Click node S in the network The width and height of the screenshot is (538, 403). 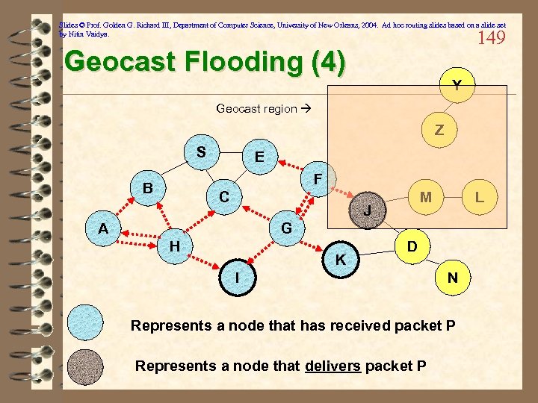click(200, 153)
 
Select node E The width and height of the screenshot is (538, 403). click(259, 157)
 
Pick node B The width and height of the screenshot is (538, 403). click(149, 188)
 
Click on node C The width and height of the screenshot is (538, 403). click(223, 198)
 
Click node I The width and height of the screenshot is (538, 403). click(237, 278)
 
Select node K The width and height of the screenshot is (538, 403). click(341, 260)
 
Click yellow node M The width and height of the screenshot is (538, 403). click(426, 198)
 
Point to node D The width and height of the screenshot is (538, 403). click(412, 246)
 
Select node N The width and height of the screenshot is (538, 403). click(452, 278)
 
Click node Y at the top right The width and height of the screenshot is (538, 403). click(456, 86)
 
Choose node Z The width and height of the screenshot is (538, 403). click(439, 131)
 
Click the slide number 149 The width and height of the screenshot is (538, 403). click(490, 38)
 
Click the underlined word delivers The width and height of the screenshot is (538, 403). click(333, 366)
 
